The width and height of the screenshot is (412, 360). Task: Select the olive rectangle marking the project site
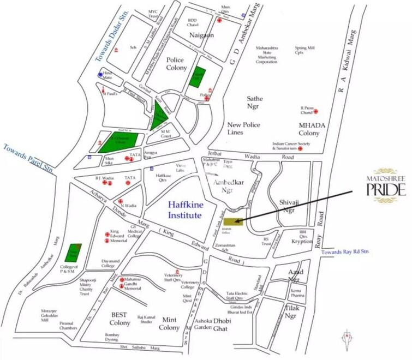[232, 221]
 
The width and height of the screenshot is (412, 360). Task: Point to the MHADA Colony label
[309, 129]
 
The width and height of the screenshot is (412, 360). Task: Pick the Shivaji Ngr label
[291, 205]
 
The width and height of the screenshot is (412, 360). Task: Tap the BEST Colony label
[120, 319]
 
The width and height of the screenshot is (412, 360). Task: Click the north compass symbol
[345, 338]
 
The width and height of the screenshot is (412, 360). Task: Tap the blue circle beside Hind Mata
[100, 74]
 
